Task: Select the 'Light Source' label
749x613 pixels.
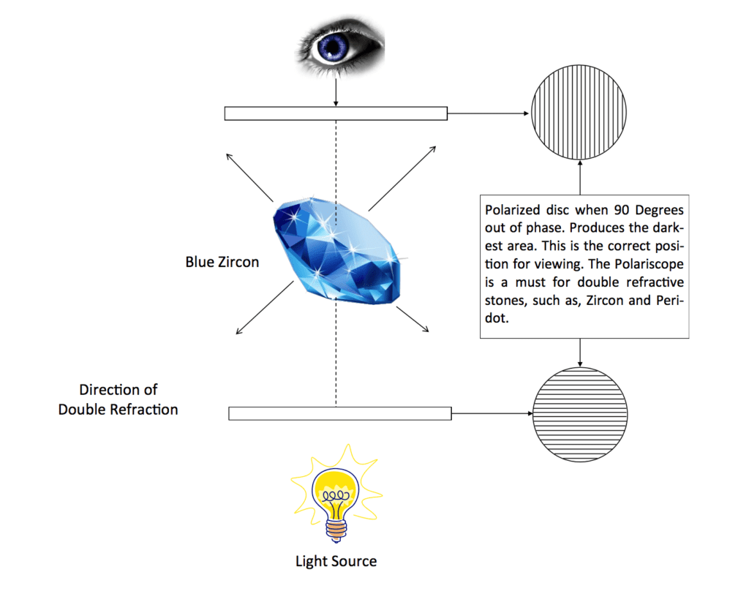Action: pyautogui.click(x=336, y=562)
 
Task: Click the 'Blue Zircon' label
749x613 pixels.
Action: pyautogui.click(x=222, y=261)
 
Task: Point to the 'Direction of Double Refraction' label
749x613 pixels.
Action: pyautogui.click(x=118, y=399)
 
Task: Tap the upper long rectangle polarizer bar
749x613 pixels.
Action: pyautogui.click(x=335, y=113)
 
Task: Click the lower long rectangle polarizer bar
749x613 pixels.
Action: pyautogui.click(x=339, y=413)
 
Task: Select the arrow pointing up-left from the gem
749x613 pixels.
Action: pyautogui.click(x=249, y=178)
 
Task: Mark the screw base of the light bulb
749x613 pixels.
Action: pyautogui.click(x=336, y=526)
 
